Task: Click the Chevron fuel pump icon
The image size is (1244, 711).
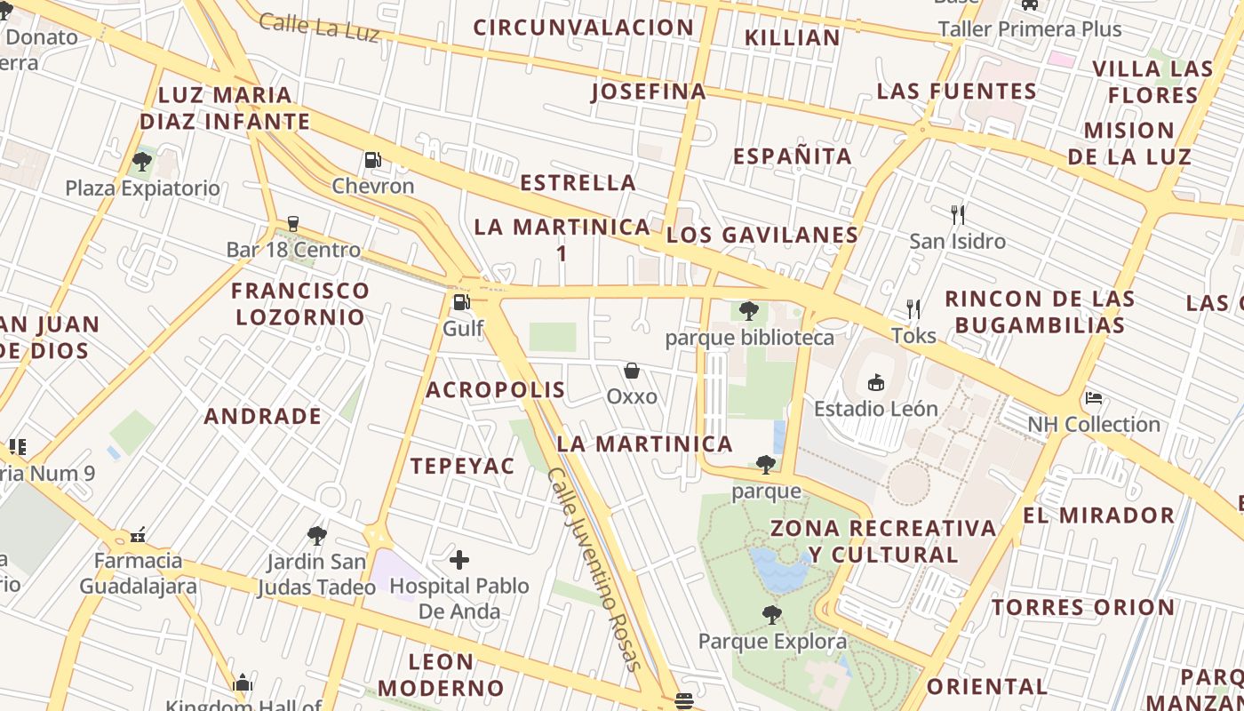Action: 373,161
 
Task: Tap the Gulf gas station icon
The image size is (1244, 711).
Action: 461,302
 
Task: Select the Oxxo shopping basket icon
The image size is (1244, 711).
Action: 632,370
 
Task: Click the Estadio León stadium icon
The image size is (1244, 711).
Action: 876,383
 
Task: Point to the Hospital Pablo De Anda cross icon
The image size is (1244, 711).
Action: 459,560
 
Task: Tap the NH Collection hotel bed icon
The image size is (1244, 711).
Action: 1094,398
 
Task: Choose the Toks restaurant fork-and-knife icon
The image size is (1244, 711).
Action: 913,308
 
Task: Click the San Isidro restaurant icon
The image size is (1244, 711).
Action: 957,214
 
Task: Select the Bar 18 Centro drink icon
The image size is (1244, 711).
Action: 293,224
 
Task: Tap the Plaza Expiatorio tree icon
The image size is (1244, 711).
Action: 141,162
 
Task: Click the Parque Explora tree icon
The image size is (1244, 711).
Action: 772,615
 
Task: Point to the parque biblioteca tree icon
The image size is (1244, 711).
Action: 749,311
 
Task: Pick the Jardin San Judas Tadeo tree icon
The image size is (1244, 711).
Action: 317,536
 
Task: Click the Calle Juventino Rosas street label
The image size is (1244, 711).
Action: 593,569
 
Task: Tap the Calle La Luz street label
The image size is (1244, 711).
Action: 320,26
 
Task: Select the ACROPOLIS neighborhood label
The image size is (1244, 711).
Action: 495,390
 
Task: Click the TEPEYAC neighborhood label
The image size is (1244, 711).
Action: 462,466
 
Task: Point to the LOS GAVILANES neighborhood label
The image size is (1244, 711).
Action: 762,236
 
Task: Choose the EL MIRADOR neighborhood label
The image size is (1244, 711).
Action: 1098,515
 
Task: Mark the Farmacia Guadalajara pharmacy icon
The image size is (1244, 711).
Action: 138,535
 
